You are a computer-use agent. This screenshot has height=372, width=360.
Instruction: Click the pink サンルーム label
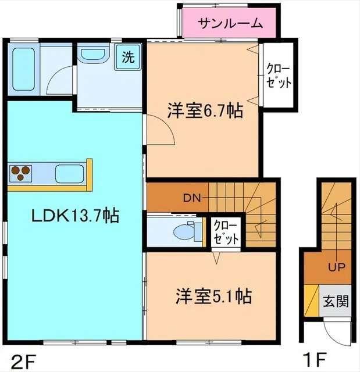pos(231,24)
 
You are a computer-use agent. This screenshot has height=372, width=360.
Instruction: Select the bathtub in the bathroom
pos(24,69)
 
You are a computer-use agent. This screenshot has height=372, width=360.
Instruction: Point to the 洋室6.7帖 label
pos(205,110)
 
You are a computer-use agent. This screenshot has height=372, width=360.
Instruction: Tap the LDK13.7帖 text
pos(75,216)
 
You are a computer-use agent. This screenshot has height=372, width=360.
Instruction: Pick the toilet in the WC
pos(184,231)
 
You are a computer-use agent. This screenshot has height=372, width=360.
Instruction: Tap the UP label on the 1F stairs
pos(336,267)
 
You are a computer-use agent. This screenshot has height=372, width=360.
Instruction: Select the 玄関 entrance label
pos(336,302)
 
